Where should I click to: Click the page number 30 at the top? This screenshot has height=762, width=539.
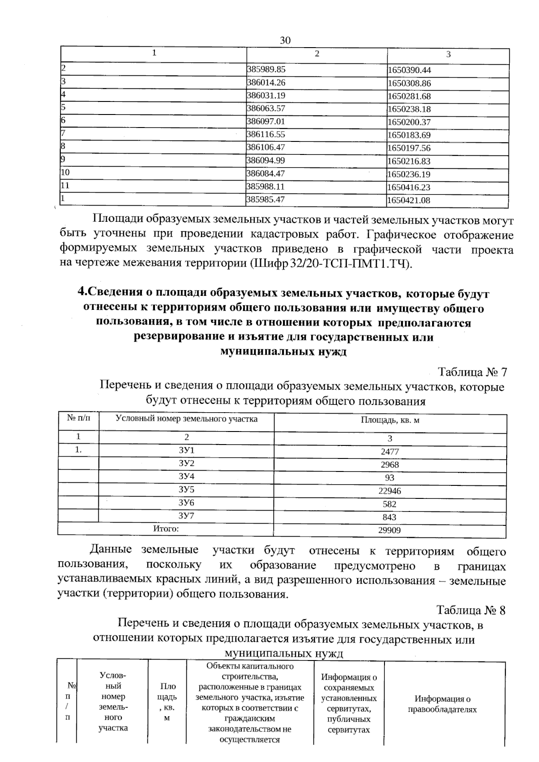[x=285, y=40]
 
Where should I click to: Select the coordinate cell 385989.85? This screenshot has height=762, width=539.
[x=266, y=70]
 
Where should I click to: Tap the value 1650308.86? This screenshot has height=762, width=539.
[x=409, y=84]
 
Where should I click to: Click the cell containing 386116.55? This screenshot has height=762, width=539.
[x=266, y=134]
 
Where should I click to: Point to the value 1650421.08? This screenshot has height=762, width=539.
[x=409, y=200]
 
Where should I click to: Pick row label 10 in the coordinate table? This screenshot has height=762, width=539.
[x=66, y=172]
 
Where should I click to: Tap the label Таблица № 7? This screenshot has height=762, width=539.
[x=472, y=372]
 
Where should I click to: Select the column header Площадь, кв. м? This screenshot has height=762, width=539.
[x=390, y=420]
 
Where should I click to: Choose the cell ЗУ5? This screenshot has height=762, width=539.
[x=186, y=489]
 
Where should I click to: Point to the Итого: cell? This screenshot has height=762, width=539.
[x=166, y=529]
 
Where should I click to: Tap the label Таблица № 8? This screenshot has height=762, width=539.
[x=471, y=611]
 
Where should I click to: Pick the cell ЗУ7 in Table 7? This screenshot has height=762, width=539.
[x=186, y=515]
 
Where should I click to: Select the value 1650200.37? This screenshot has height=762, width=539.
[x=409, y=122]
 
